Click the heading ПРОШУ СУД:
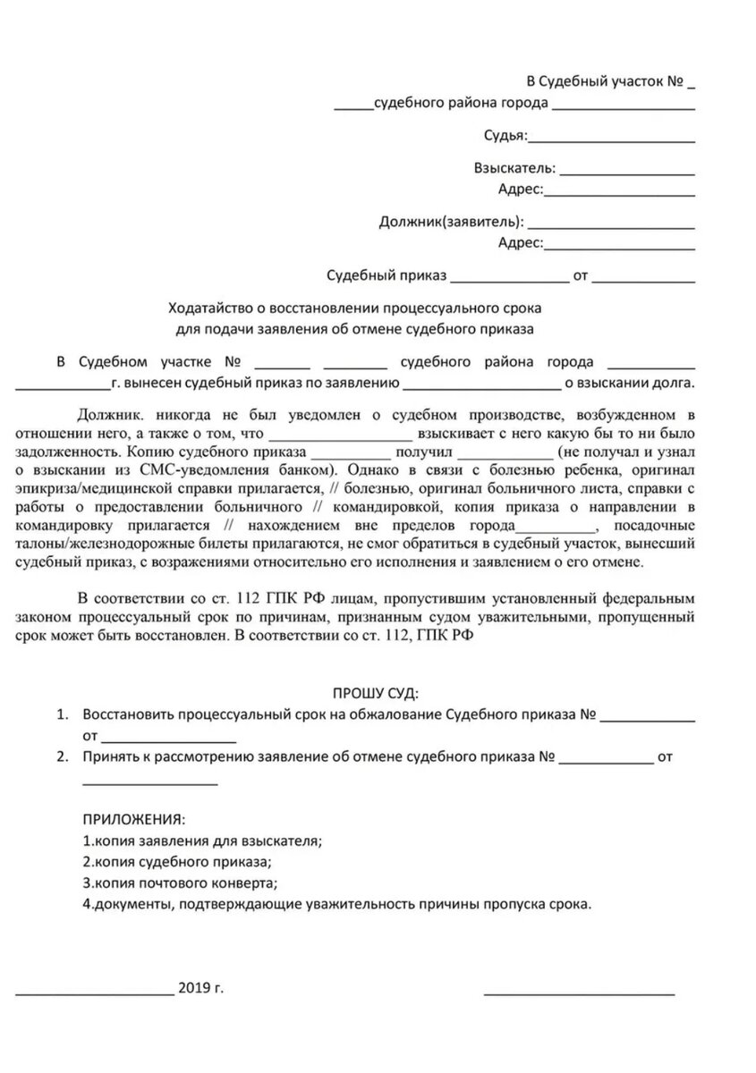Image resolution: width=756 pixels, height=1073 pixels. click(x=375, y=693)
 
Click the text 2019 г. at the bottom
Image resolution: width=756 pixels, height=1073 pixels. click(x=201, y=987)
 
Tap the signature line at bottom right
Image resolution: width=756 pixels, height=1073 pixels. click(x=579, y=991)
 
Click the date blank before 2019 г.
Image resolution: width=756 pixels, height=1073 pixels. click(x=95, y=991)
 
